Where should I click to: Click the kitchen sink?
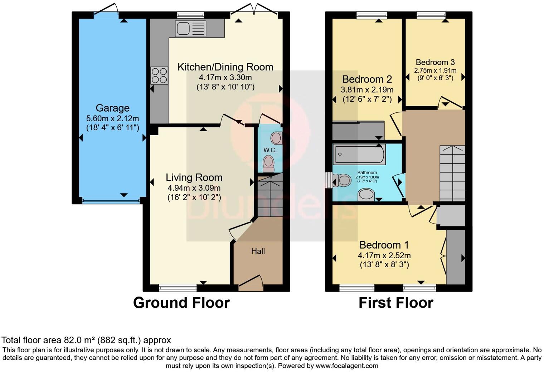190,29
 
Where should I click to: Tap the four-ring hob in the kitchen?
159,75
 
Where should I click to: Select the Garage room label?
112,108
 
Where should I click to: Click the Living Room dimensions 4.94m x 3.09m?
194,188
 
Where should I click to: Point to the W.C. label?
270,150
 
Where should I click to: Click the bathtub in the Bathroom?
359,154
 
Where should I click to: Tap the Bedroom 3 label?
435,62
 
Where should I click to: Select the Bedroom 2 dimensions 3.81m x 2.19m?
367,90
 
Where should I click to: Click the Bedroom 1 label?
384,245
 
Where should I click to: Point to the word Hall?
258,251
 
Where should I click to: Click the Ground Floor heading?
181,303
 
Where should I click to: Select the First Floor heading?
396,303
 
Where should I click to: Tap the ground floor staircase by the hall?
270,195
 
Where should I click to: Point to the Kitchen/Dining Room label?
225,67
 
